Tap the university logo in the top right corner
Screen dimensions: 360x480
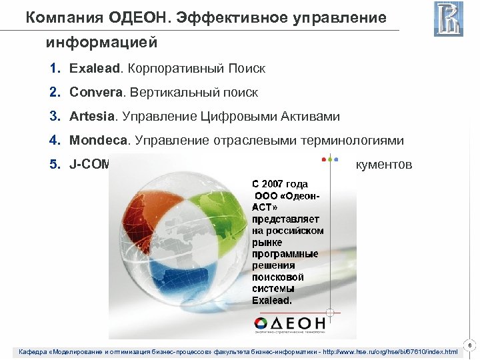click(448, 19)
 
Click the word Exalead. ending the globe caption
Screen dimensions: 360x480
click(271, 300)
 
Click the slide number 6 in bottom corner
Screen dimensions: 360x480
click(471, 345)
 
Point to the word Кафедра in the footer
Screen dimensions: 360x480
click(33, 351)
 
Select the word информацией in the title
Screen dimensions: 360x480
click(101, 43)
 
